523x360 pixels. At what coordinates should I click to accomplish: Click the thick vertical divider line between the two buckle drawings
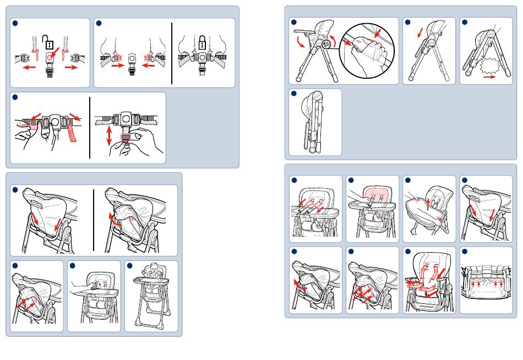click(172, 53)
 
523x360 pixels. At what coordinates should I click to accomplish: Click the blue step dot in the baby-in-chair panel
click(130, 266)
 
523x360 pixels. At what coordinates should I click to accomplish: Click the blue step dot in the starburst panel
click(465, 23)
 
